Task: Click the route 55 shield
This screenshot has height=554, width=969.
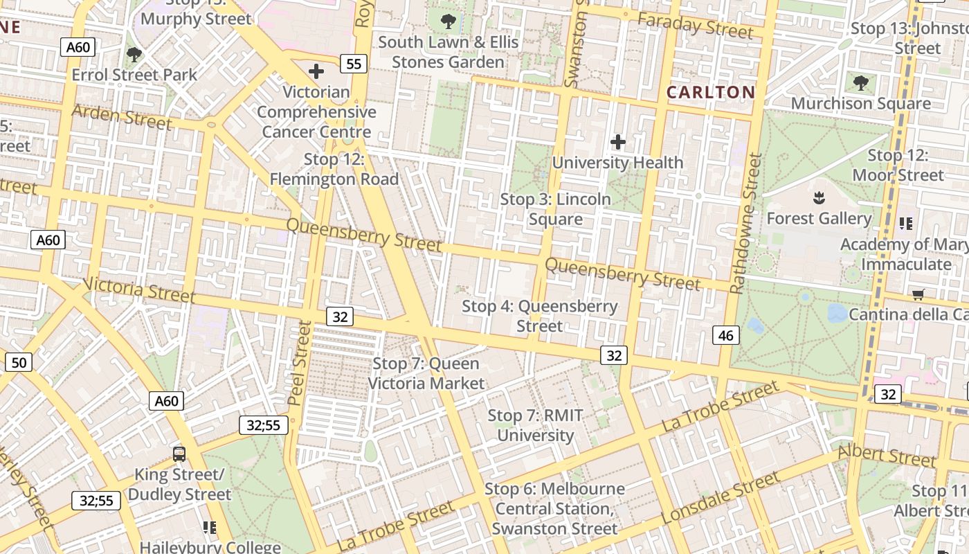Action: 354,64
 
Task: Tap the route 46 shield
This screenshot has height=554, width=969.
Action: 725,336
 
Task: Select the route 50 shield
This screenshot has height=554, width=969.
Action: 19,362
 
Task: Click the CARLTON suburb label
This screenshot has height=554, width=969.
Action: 711,92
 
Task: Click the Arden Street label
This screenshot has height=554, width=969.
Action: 121,116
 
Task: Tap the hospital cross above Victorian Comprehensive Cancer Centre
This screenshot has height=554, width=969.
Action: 316,71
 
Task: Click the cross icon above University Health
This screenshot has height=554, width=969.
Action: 617,143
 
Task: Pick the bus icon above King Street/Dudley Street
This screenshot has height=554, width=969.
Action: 179,454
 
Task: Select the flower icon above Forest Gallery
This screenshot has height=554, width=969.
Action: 819,198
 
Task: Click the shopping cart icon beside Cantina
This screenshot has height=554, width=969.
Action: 918,295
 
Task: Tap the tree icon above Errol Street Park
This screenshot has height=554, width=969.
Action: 134,54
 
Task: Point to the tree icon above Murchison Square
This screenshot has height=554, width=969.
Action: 861,83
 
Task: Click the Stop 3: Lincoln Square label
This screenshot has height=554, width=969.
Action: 556,209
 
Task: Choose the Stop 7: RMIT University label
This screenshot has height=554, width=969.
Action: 536,425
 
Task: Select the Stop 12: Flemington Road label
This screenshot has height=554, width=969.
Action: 334,169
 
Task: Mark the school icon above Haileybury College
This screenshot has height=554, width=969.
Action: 210,528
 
